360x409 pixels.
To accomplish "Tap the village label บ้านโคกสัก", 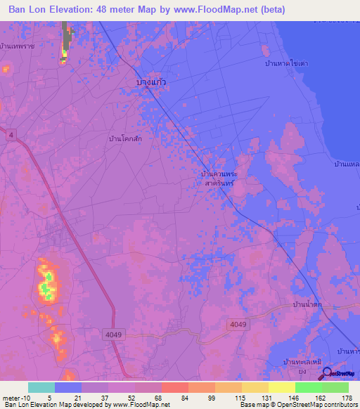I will pyautogui.click(x=126, y=139).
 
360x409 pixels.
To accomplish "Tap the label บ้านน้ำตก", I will pyautogui.click(x=308, y=304).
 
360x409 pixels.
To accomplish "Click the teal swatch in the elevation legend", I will pyautogui.click(x=41, y=387).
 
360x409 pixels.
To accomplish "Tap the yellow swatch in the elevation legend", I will pyautogui.click(x=281, y=387).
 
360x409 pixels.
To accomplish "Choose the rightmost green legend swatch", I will pyautogui.click(x=335, y=387).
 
